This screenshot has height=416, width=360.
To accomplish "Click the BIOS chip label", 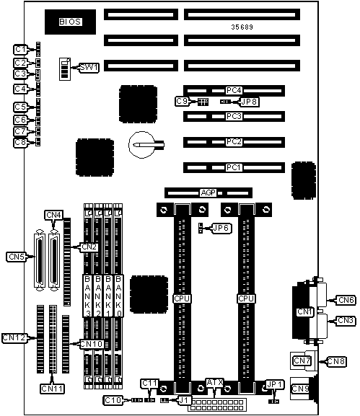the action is pyautogui.click(x=70, y=22).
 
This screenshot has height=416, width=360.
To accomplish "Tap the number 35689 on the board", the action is pyautogui.click(x=242, y=27).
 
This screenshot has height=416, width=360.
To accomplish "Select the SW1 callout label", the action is pyautogui.click(x=89, y=67).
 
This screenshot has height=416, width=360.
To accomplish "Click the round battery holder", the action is pyautogui.click(x=142, y=145).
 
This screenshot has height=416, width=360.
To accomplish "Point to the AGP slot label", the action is pyautogui.click(x=208, y=193).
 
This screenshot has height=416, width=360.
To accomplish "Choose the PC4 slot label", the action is pyautogui.click(x=234, y=90).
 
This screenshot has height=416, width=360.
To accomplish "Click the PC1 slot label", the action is pyautogui.click(x=234, y=168).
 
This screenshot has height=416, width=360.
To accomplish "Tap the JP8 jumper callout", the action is pyautogui.click(x=249, y=102).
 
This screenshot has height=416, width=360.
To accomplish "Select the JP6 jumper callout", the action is pyautogui.click(x=222, y=228).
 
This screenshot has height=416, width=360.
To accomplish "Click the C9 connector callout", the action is pyautogui.click(x=182, y=101).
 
